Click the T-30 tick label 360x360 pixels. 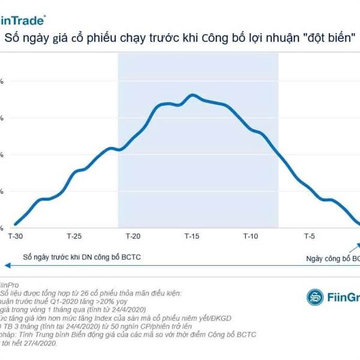(16, 237)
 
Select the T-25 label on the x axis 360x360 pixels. (74, 237)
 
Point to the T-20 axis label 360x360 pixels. (133, 237)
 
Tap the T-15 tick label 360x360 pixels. (192, 237)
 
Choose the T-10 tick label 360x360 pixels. (250, 237)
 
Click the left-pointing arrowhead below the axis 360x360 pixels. (5, 265)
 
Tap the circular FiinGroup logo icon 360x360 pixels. (315, 296)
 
